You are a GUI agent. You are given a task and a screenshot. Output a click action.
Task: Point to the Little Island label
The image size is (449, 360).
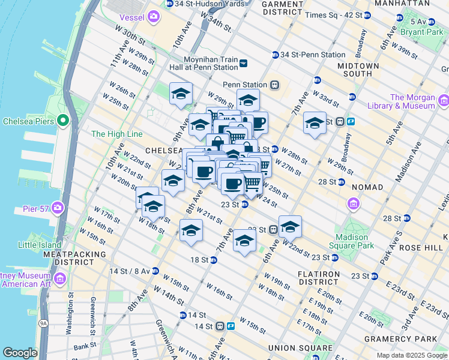tap(40, 245)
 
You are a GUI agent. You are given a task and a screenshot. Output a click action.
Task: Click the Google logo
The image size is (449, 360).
tap(20, 353)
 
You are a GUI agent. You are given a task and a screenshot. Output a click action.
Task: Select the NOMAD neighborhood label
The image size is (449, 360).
tap(367, 187)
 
